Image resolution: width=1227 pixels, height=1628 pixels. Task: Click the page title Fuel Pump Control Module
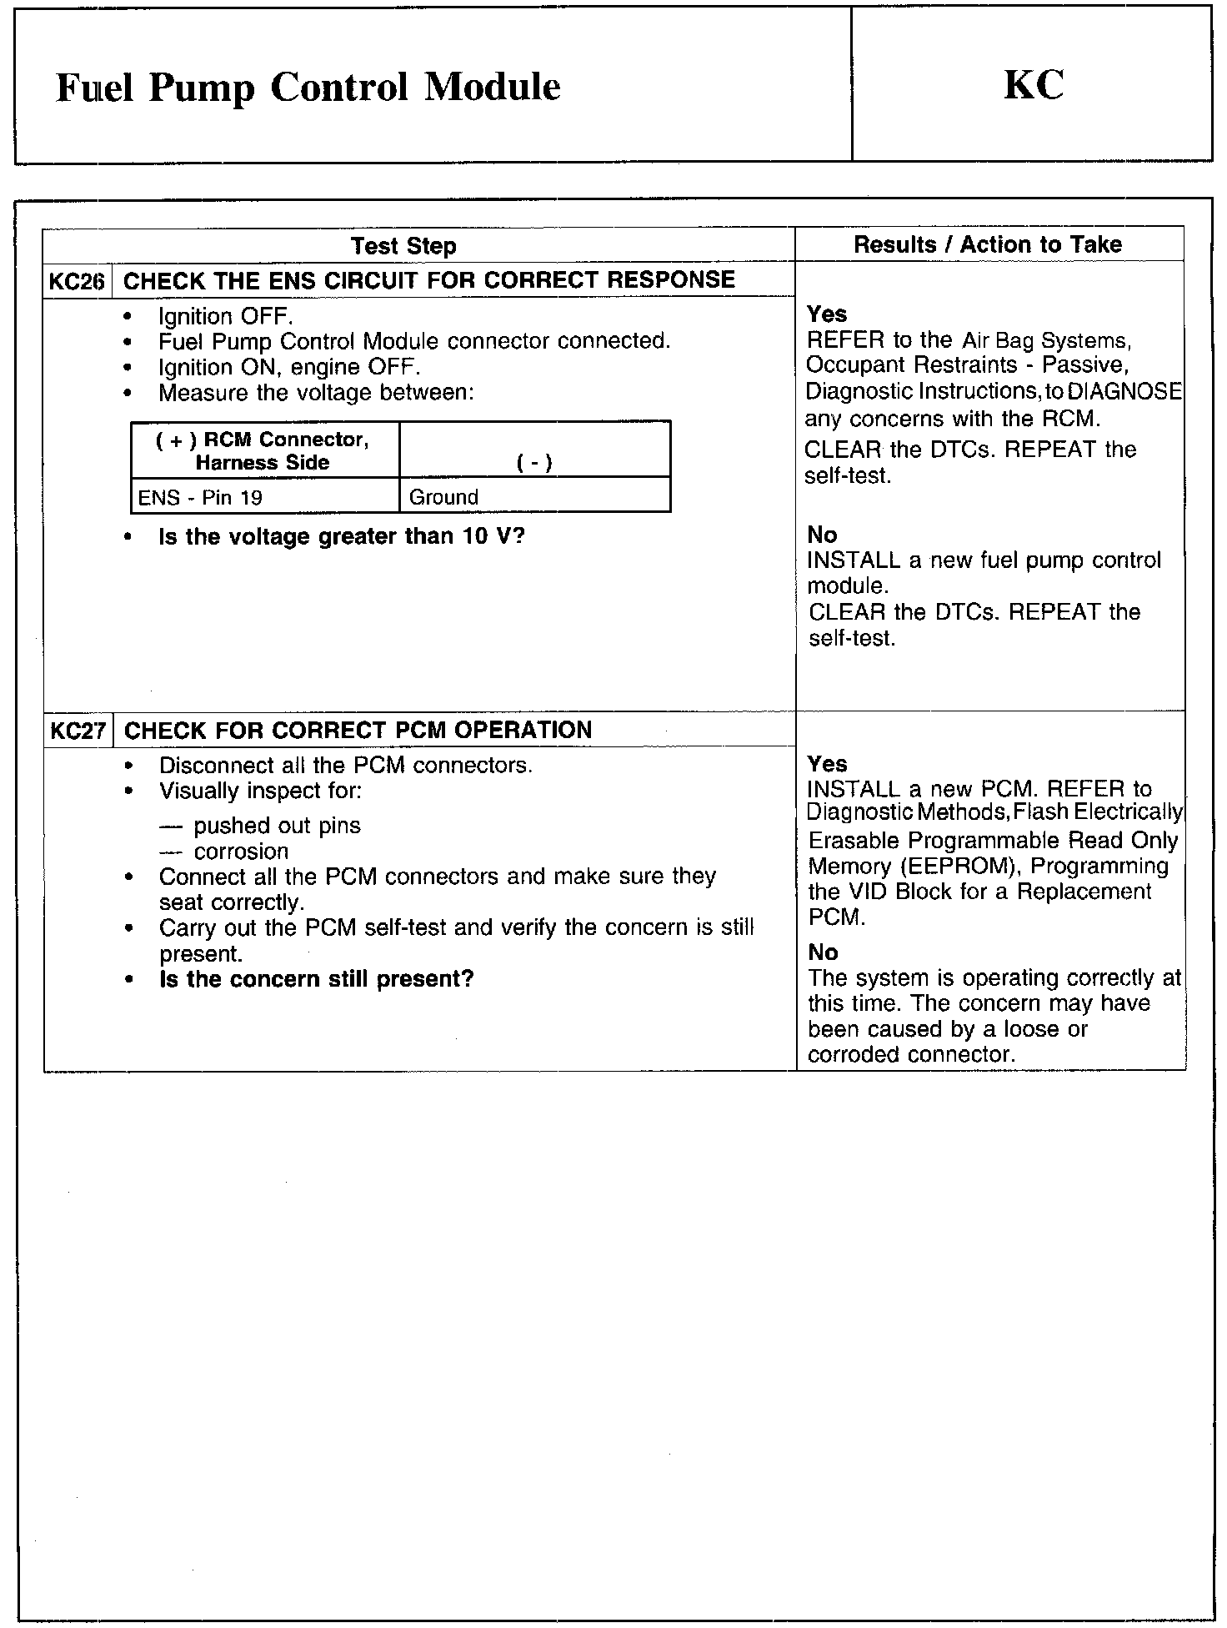pyautogui.click(x=308, y=88)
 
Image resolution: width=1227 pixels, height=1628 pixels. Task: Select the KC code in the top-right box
pyautogui.click(x=1033, y=85)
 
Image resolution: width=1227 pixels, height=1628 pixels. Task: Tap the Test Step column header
pyautogui.click(x=403, y=246)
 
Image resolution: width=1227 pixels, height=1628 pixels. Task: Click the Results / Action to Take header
pyautogui.click(x=988, y=244)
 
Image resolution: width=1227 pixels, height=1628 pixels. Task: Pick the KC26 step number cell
pyautogui.click(x=77, y=281)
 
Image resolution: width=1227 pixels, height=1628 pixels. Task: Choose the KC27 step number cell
pyautogui.click(x=78, y=731)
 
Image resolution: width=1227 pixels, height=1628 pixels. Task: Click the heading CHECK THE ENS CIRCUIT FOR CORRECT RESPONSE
pyautogui.click(x=428, y=280)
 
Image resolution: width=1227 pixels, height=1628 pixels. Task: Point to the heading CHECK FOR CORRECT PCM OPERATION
pyautogui.click(x=358, y=731)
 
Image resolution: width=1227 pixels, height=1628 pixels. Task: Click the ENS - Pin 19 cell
pyautogui.click(x=200, y=498)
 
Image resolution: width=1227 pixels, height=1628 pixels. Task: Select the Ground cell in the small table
pyautogui.click(x=443, y=498)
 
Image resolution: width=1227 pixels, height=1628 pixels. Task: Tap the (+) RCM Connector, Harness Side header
pyautogui.click(x=263, y=451)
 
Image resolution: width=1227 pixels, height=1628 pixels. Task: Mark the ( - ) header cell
pyautogui.click(x=534, y=464)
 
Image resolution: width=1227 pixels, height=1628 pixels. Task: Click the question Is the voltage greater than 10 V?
pyautogui.click(x=342, y=536)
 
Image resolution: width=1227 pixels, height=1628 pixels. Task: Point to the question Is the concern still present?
pyautogui.click(x=317, y=979)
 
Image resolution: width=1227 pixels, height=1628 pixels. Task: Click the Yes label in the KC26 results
pyautogui.click(x=827, y=314)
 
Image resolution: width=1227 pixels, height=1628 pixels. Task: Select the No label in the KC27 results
pyautogui.click(x=823, y=952)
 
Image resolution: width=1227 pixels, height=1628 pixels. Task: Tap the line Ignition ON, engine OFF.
pyautogui.click(x=289, y=367)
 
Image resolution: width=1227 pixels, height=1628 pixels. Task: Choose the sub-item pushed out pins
pyautogui.click(x=277, y=826)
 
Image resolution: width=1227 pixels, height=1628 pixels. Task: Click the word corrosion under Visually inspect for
pyautogui.click(x=241, y=852)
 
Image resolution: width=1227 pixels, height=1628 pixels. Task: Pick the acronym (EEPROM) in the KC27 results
pyautogui.click(x=957, y=867)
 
